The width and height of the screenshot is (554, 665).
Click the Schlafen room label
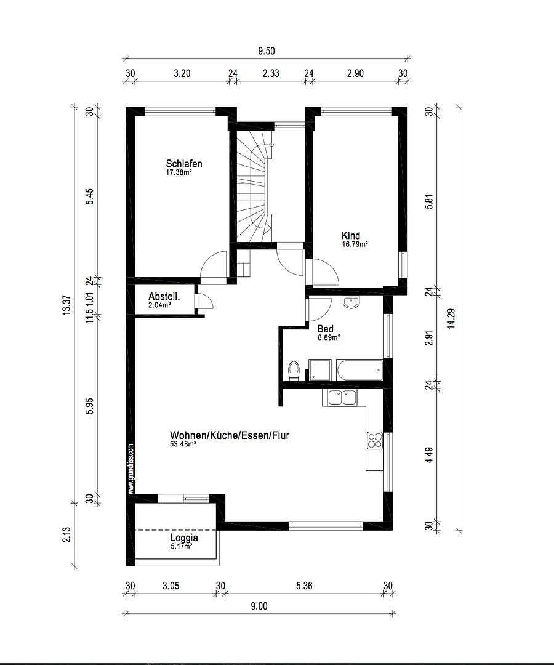[x=183, y=164]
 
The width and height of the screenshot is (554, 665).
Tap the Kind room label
[x=351, y=235]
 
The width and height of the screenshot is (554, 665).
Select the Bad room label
[x=325, y=329]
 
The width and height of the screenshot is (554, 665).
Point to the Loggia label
[x=184, y=538]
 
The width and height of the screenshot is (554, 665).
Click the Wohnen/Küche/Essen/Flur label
[x=230, y=435]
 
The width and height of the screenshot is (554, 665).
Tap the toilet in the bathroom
[x=294, y=371]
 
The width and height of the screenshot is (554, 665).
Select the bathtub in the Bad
[x=359, y=371]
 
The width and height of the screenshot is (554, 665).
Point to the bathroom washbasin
[x=351, y=302]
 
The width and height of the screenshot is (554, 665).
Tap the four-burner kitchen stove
[x=374, y=440]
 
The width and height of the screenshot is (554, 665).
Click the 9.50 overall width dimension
[x=267, y=52]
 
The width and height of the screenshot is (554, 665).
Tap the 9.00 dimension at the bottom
[x=259, y=606]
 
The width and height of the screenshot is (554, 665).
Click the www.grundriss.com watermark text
[x=130, y=469]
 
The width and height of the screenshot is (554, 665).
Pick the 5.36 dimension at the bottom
[x=304, y=586]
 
